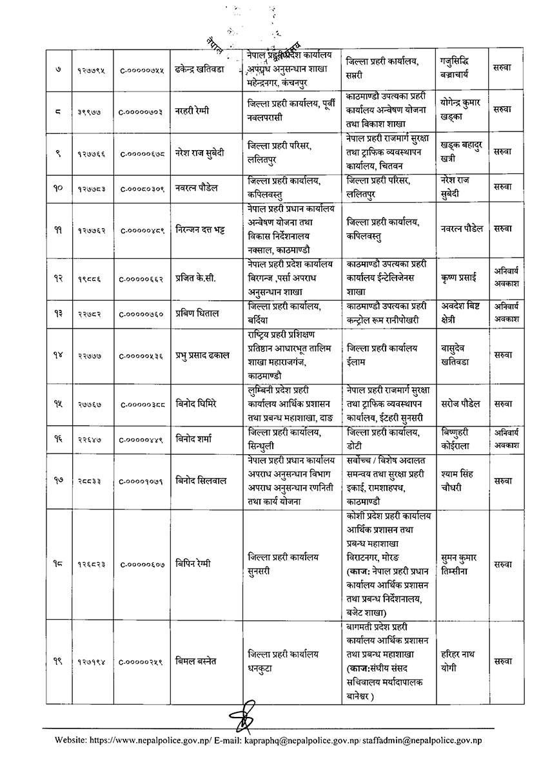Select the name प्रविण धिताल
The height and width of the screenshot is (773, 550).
[x=196, y=313]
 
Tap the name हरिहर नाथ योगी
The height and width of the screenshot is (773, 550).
[x=457, y=661]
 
